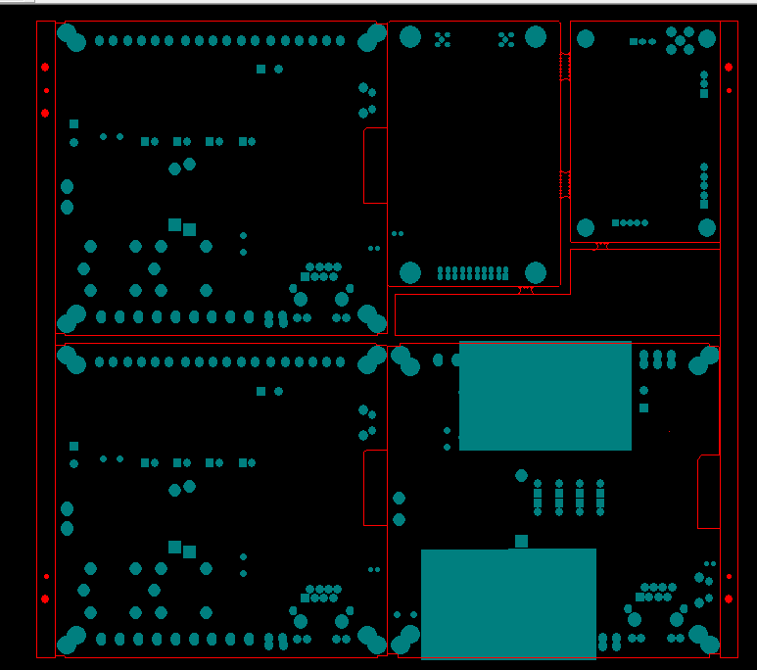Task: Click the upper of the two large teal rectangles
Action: [544, 396]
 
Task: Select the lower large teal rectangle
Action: [508, 603]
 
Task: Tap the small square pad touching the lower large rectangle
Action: [521, 541]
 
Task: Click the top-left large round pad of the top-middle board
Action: [410, 37]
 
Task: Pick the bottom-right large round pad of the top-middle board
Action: [535, 272]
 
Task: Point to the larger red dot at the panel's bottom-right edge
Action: [729, 598]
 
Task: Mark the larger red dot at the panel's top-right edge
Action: [729, 67]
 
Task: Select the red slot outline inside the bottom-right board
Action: [708, 492]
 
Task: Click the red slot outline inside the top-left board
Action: [375, 166]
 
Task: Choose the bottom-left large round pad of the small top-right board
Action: [586, 228]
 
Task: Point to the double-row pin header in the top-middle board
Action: [473, 273]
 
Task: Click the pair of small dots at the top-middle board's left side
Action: [398, 233]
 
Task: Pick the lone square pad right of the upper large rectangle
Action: [643, 407]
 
